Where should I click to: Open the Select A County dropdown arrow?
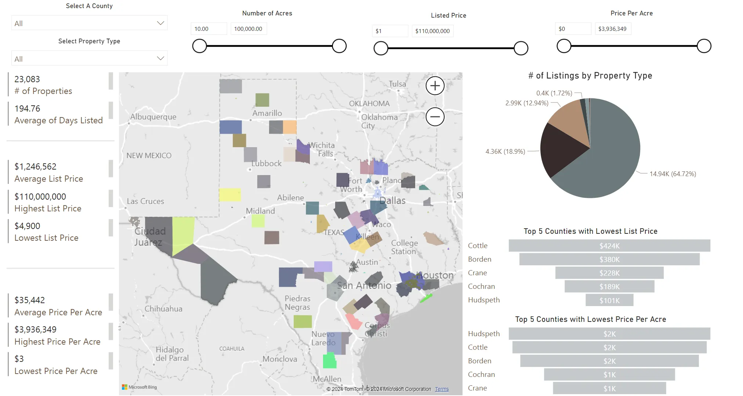click(x=160, y=23)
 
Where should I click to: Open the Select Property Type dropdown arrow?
click(x=160, y=58)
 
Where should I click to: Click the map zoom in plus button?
click(x=435, y=86)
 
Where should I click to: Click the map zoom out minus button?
click(x=435, y=117)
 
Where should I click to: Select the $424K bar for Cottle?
click(x=609, y=246)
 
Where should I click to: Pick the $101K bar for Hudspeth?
click(x=609, y=300)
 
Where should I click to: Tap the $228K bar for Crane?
click(x=609, y=273)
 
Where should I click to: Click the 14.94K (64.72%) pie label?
click(x=673, y=174)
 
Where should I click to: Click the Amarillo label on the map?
click(x=267, y=113)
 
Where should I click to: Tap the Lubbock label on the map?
click(x=267, y=163)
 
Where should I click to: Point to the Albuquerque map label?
click(x=153, y=117)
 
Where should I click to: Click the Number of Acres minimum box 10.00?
click(x=209, y=29)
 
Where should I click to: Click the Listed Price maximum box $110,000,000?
click(x=432, y=31)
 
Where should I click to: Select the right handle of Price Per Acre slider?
click(x=704, y=46)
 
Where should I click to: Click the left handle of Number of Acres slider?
click(x=200, y=46)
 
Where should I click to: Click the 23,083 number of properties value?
click(x=27, y=79)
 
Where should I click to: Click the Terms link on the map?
click(x=442, y=389)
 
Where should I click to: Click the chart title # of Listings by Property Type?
click(x=590, y=76)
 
